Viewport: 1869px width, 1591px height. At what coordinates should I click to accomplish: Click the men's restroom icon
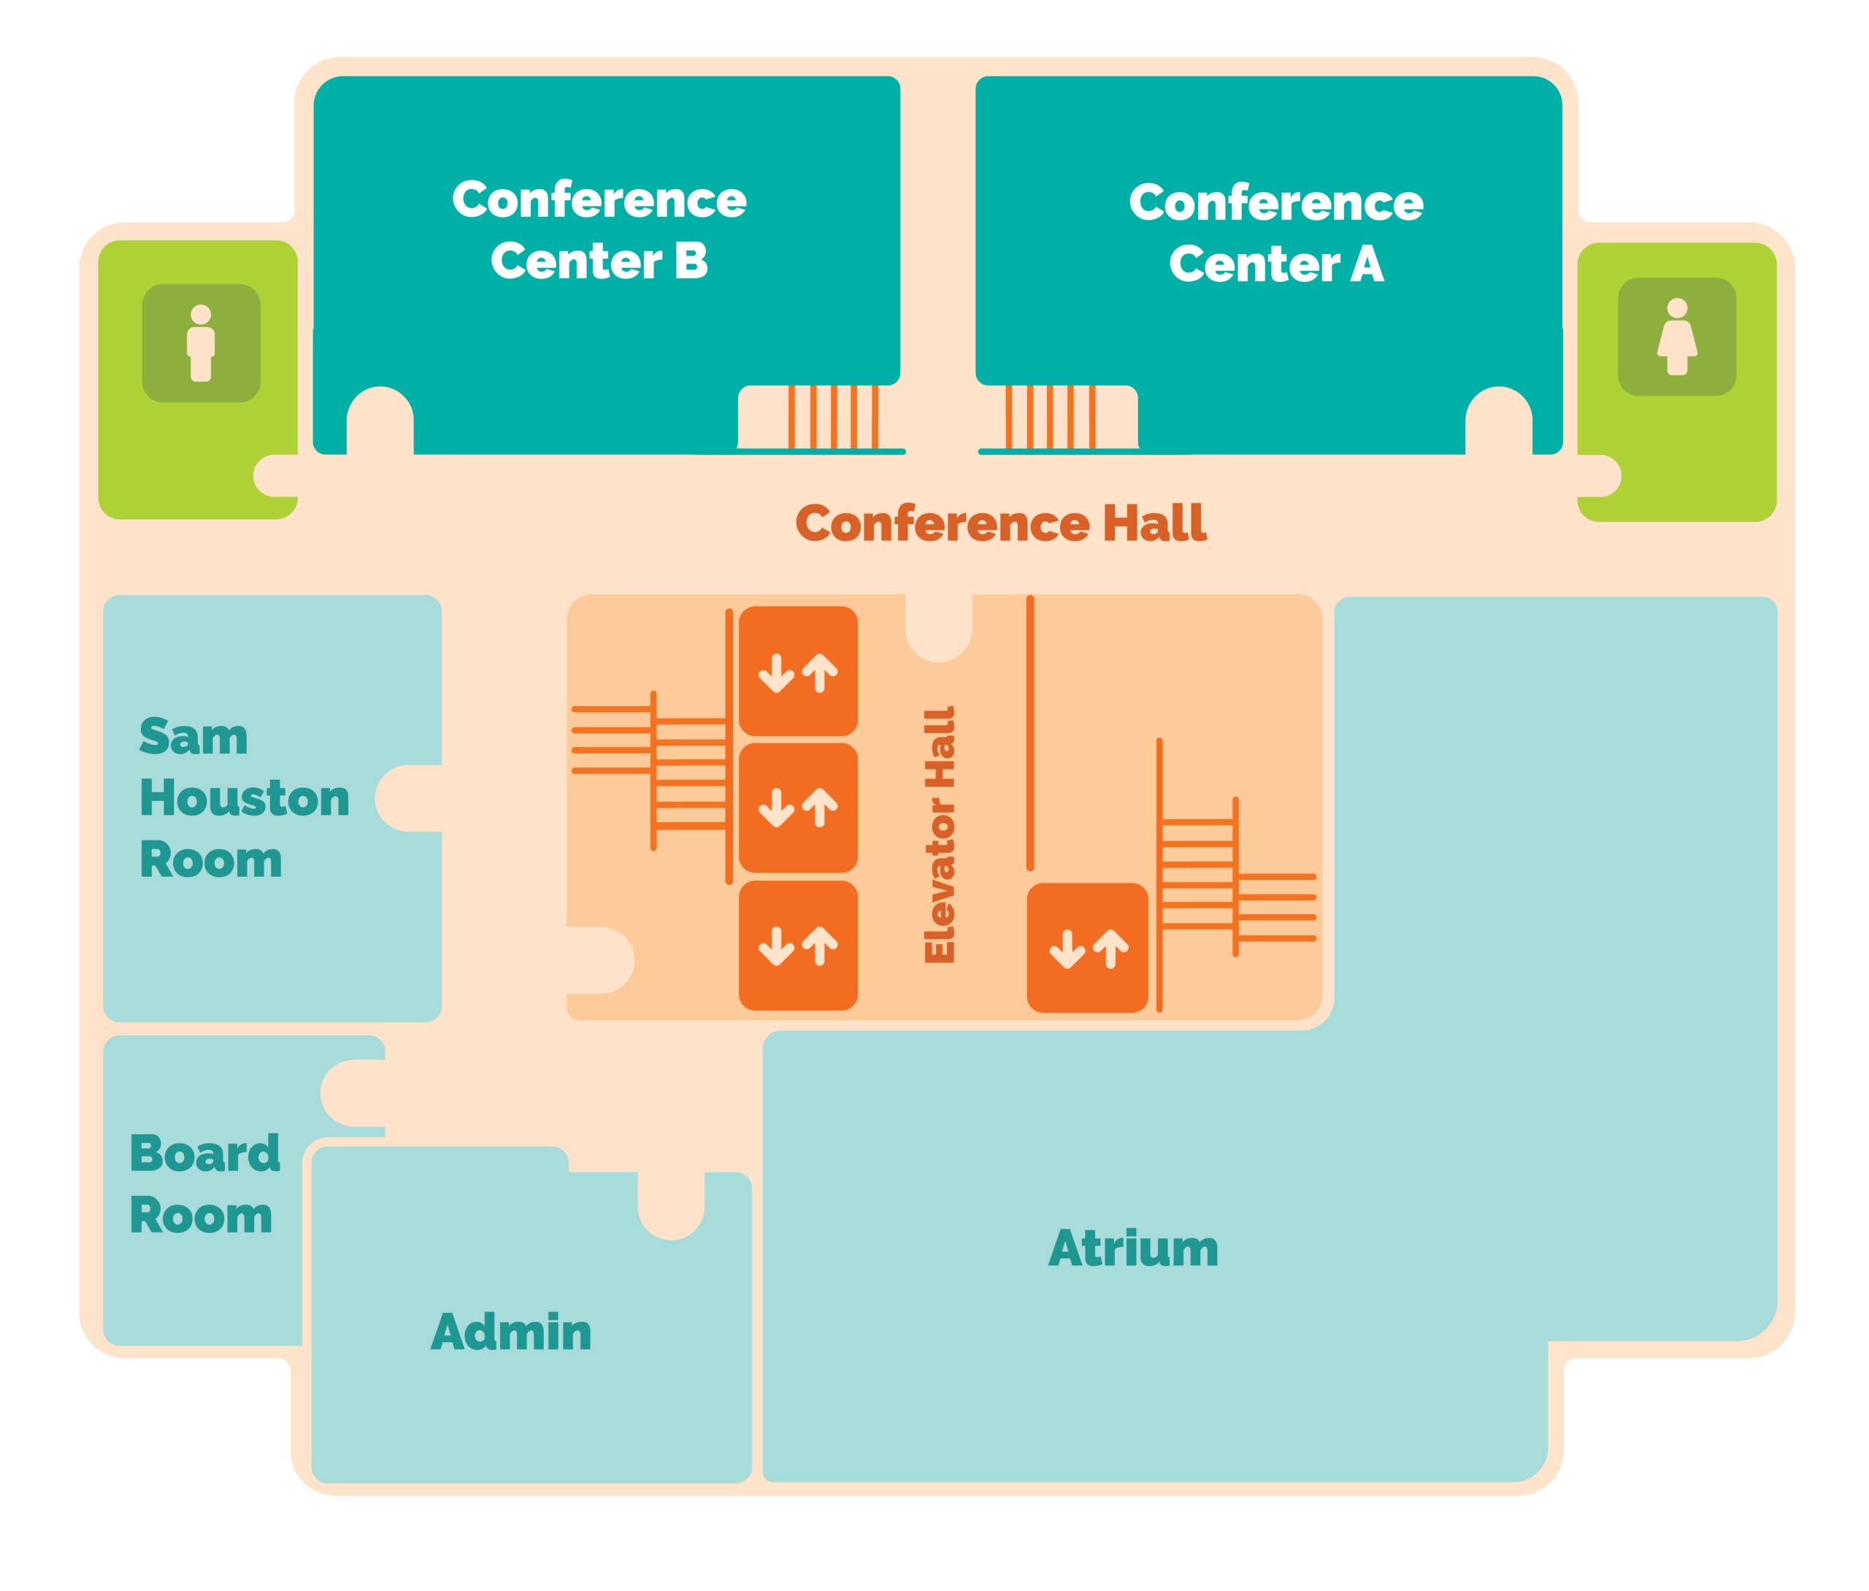[201, 342]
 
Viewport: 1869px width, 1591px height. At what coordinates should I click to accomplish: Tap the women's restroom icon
[1676, 337]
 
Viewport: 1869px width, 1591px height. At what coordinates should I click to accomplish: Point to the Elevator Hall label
[940, 835]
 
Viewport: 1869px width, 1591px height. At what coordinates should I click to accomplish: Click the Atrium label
[1133, 1249]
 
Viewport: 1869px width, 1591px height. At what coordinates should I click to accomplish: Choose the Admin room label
[511, 1332]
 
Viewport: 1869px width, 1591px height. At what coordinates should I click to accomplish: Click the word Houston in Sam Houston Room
[245, 798]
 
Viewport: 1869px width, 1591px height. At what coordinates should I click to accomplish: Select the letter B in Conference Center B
[691, 261]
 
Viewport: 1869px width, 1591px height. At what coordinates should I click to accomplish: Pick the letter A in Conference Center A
[1367, 264]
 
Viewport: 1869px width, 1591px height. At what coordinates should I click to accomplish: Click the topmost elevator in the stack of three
[798, 671]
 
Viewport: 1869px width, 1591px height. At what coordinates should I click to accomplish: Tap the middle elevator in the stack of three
[798, 808]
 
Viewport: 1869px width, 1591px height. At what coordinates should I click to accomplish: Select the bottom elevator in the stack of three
[798, 946]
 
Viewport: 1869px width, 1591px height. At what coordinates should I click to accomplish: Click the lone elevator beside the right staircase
[1087, 948]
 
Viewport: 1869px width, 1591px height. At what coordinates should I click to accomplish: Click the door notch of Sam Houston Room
[408, 798]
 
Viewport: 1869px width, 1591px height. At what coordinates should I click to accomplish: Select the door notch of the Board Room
[353, 1093]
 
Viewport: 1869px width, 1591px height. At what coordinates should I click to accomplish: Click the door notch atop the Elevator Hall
[939, 628]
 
